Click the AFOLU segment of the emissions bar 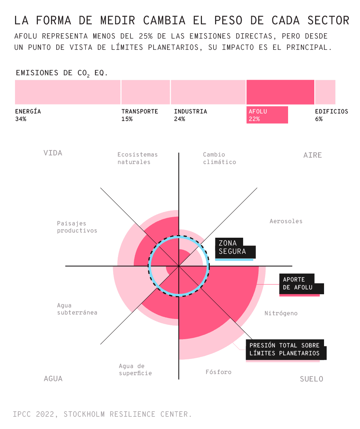[280, 92]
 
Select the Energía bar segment [68, 92]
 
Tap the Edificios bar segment [325, 92]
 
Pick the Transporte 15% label [140, 115]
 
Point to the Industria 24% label [190, 115]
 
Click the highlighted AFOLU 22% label [267, 115]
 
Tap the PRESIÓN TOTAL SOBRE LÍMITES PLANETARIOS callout [285, 349]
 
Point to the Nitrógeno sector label [281, 313]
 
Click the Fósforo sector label [218, 372]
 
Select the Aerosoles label [286, 221]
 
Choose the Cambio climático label [220, 158]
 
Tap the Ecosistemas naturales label [137, 158]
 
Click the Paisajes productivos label [77, 227]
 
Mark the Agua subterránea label [77, 309]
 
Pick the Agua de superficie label [135, 369]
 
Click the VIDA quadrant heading [53, 153]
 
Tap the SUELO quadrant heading [311, 379]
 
